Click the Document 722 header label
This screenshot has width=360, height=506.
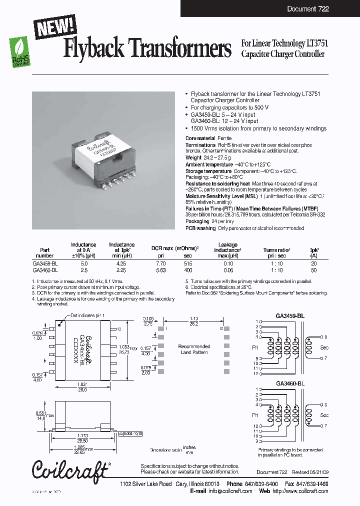coord(308,9)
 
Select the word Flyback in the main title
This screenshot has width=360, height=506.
coord(95,49)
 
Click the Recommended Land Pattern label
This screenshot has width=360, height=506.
coord(194,349)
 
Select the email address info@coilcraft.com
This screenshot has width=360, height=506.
coord(230,491)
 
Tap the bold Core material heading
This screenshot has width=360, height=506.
coord(200,137)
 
